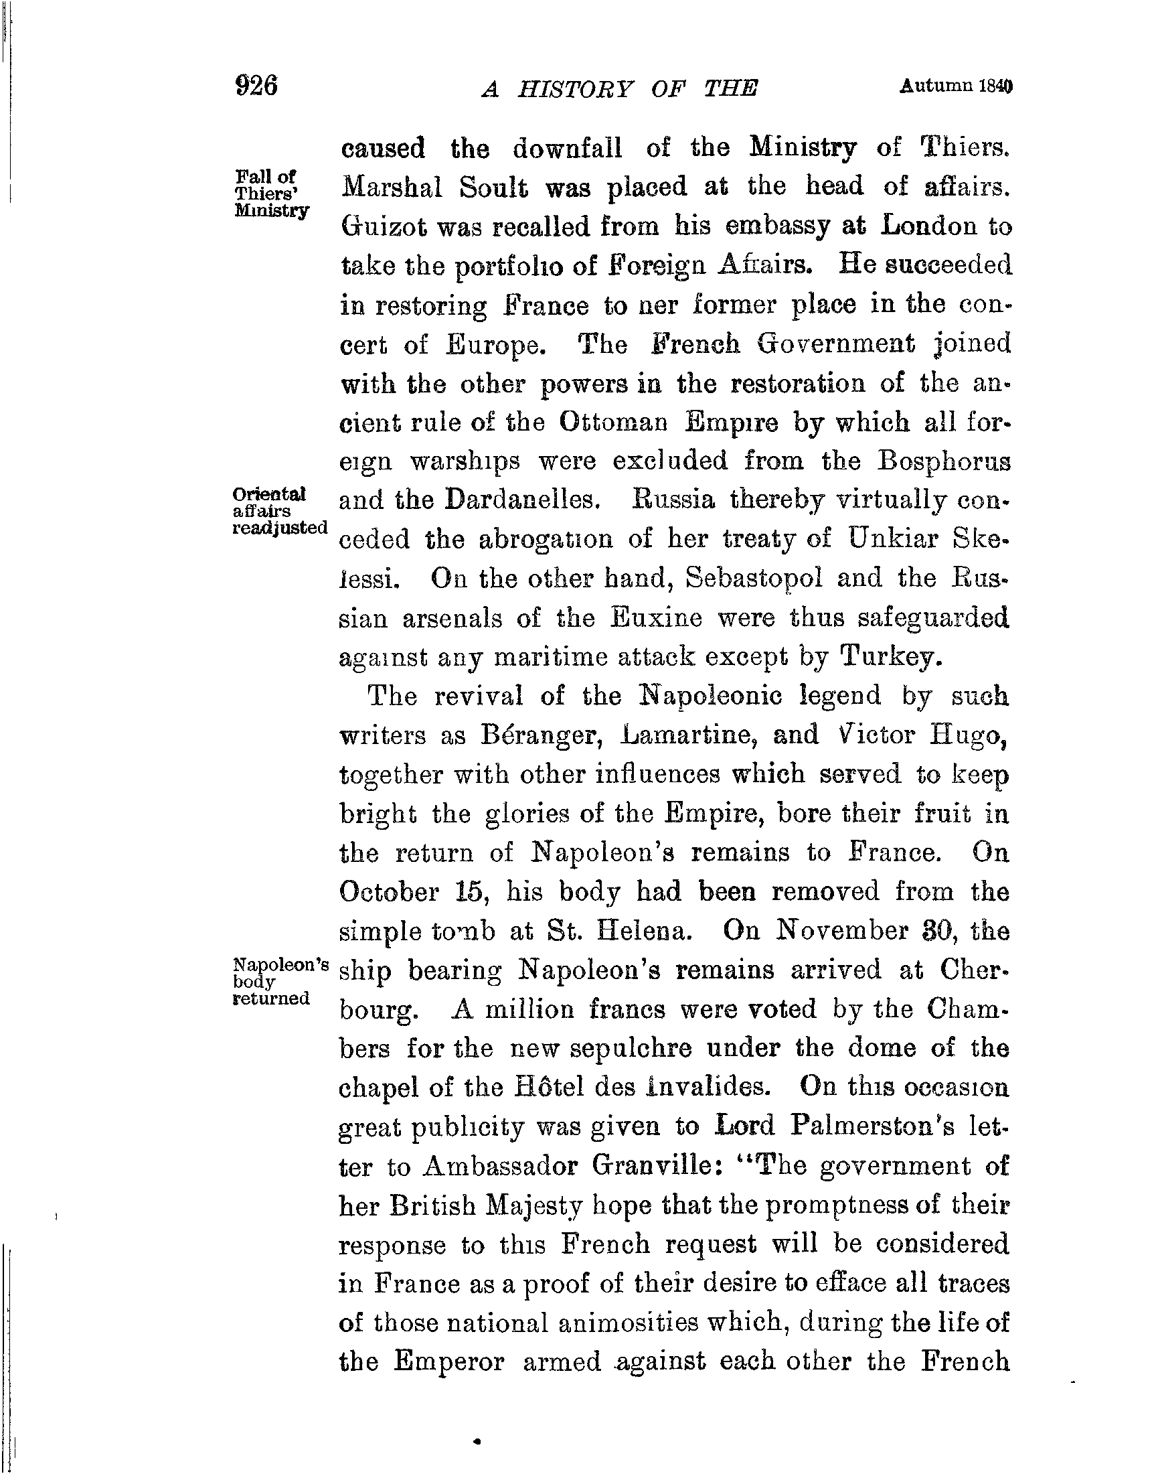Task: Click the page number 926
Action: pos(256,86)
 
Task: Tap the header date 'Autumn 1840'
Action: pos(957,86)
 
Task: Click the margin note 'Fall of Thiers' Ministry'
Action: pos(271,193)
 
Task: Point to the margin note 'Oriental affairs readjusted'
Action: pos(279,510)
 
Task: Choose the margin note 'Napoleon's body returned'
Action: pos(280,980)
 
